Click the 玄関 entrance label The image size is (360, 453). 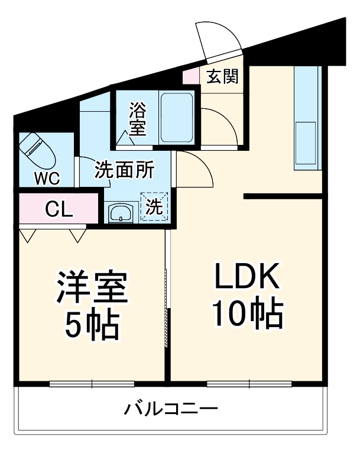pyautogui.click(x=222, y=76)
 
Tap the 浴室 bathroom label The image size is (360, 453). pyautogui.click(x=137, y=119)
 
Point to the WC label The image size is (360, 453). pyautogui.click(x=43, y=177)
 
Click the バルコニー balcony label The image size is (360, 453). pyautogui.click(x=171, y=409)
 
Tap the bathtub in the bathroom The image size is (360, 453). pyautogui.click(x=177, y=117)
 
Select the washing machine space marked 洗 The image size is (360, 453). pyautogui.click(x=154, y=208)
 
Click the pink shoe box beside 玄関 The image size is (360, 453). pyautogui.click(x=190, y=77)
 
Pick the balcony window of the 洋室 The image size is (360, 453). pyautogui.click(x=92, y=384)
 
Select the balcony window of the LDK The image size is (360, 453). pyautogui.click(x=249, y=384)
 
